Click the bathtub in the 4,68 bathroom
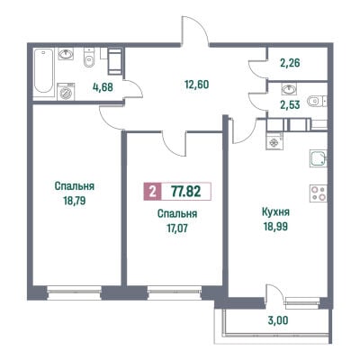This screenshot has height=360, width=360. [43, 71]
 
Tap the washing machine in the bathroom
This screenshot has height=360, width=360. [66, 92]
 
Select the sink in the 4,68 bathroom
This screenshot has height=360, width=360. [67, 55]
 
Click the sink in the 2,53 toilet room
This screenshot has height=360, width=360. [289, 89]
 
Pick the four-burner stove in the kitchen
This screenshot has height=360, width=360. [319, 193]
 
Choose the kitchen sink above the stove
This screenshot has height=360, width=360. [319, 158]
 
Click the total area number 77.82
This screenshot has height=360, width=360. [186, 191]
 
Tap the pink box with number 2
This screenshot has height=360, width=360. [153, 191]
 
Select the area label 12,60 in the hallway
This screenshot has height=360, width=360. [197, 85]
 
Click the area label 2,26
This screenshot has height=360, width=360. [290, 63]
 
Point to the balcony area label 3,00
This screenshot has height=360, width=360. [278, 320]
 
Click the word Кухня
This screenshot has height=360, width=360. [275, 212]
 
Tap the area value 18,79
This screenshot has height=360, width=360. [75, 201]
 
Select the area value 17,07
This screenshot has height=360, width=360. [177, 229]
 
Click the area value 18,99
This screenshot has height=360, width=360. [275, 227]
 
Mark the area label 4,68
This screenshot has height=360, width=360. [103, 87]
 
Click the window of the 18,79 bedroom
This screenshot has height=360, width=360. [75, 292]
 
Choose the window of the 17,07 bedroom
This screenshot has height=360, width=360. [175, 292]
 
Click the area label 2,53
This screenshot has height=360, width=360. [290, 105]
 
